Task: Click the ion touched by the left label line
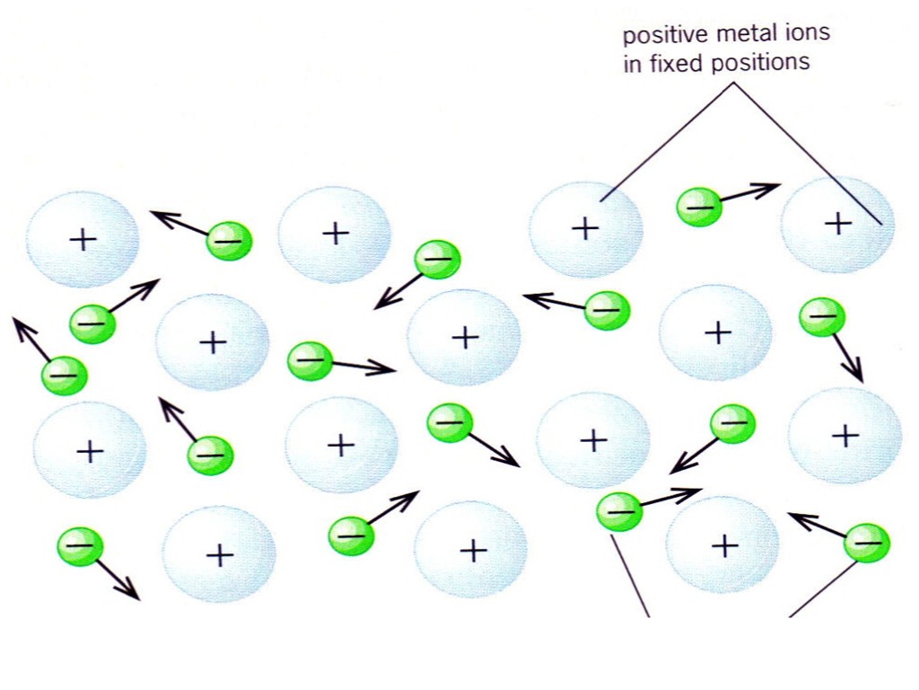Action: click(x=585, y=229)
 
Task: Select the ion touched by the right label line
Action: click(x=837, y=225)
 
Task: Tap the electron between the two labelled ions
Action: click(x=699, y=208)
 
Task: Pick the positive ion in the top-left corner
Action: click(x=83, y=239)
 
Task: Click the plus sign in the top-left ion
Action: click(x=83, y=239)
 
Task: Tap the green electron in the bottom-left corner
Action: click(x=80, y=546)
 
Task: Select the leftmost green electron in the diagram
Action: click(x=64, y=376)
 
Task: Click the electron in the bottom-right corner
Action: click(x=868, y=542)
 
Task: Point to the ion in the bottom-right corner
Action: click(x=722, y=545)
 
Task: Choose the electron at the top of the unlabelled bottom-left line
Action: click(x=619, y=512)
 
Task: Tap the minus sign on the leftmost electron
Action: click(x=64, y=374)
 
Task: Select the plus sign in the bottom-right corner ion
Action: click(x=723, y=544)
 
